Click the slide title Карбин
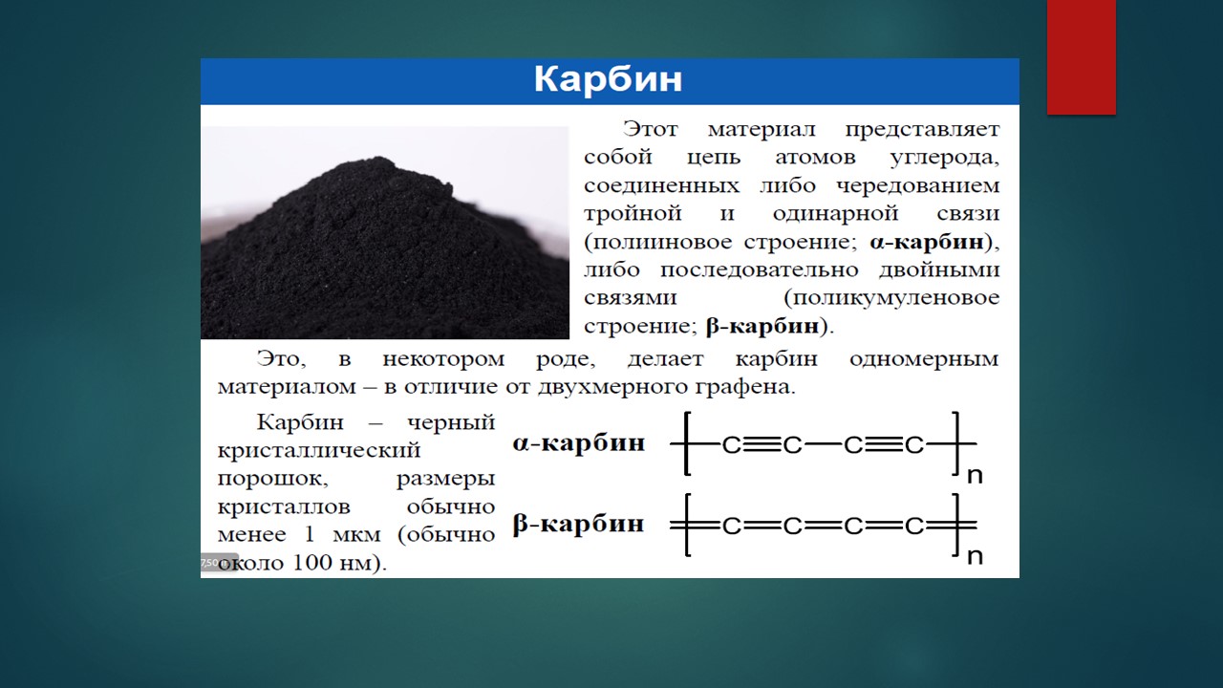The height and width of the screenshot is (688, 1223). coord(608,79)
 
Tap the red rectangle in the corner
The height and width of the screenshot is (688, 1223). coord(1081,56)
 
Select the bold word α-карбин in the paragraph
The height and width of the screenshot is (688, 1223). coord(927,242)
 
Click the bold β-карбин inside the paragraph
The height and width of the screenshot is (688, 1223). coord(762,326)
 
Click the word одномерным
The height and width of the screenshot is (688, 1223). coord(924,359)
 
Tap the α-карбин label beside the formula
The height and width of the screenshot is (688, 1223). coord(579,442)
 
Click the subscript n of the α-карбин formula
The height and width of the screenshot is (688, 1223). coord(975,476)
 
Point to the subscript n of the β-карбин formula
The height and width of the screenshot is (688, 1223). coord(975,557)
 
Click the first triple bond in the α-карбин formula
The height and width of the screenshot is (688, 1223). coord(762,445)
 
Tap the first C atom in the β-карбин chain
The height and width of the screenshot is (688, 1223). coord(732,526)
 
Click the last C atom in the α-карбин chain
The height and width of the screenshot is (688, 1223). coord(914,445)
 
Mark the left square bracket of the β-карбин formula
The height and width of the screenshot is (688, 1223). coord(687,525)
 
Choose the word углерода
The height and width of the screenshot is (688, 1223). coord(945,158)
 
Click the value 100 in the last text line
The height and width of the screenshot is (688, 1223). coord(312,563)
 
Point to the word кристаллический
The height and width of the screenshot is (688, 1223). coord(319,451)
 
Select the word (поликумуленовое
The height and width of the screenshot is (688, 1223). coord(891,298)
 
